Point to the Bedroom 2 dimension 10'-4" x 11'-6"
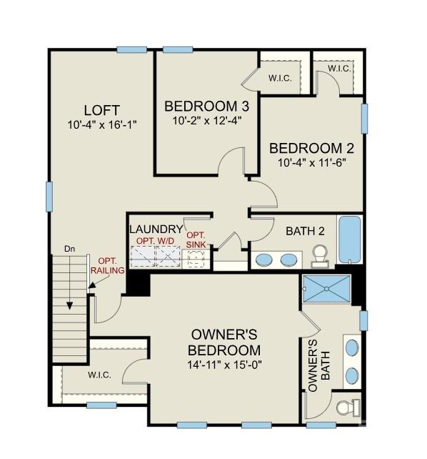311,162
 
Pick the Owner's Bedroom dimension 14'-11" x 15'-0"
224,365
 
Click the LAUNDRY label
156,229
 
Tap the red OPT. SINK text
196,240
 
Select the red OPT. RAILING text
111,265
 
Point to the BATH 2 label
306,231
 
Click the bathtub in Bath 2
350,241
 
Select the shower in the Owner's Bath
326,289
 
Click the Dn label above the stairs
70,249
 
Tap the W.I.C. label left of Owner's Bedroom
99,375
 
